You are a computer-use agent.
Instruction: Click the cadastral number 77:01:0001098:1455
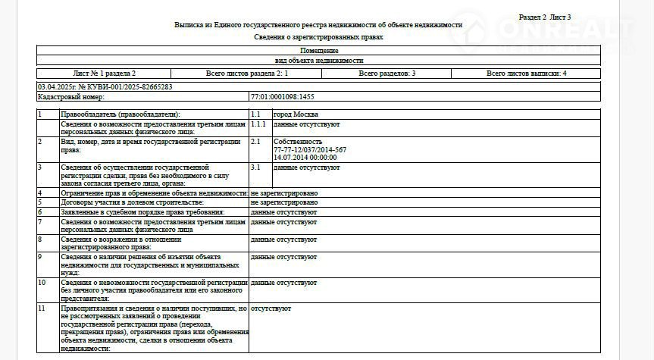tap(282, 97)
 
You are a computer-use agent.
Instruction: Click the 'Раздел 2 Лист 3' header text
tap(545, 17)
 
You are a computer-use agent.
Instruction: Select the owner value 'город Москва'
tap(296, 114)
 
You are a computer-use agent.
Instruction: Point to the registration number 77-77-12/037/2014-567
tap(309, 149)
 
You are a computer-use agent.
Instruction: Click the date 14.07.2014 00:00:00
tap(305, 157)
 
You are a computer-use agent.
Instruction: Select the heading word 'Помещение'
tap(318, 51)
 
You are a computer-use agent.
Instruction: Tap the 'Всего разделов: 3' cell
tap(386, 74)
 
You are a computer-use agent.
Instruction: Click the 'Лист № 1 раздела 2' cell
tap(105, 74)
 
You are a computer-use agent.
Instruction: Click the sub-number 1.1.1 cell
tap(258, 123)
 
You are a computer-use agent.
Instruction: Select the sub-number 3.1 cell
tap(255, 167)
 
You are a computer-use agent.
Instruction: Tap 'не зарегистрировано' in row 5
tap(284, 202)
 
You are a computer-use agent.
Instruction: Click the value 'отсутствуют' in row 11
tap(271, 308)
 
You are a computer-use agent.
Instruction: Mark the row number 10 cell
tap(42, 282)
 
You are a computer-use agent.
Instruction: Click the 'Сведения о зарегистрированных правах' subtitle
tap(318, 36)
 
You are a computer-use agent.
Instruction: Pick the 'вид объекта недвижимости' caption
tap(318, 60)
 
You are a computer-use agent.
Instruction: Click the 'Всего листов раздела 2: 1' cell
tap(246, 74)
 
